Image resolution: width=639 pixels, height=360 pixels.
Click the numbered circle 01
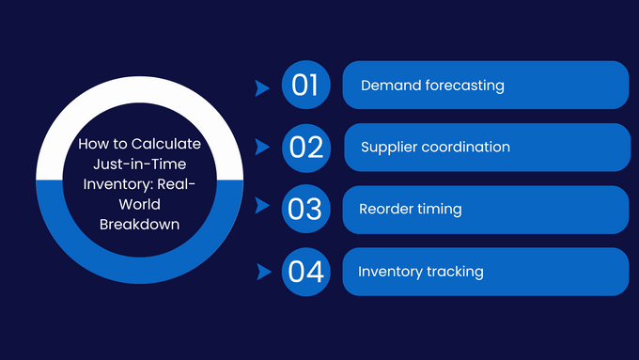click(305, 86)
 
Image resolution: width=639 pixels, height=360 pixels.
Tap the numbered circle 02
click(305, 147)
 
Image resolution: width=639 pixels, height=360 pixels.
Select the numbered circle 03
click(305, 209)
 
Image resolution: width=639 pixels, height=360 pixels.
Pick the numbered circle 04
click(305, 272)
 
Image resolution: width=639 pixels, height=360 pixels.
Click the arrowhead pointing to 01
click(262, 87)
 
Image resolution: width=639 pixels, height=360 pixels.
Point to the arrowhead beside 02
click(262, 148)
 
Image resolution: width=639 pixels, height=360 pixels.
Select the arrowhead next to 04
click(262, 273)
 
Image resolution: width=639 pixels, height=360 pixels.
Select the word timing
click(443, 209)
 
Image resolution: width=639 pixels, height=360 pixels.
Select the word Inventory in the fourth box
click(386, 272)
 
